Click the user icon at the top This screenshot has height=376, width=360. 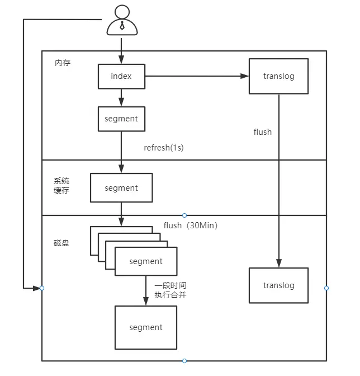click(x=121, y=20)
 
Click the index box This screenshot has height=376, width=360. click(x=121, y=76)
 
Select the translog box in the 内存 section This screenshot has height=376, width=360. click(x=278, y=76)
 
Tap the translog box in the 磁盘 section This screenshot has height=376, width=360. click(x=278, y=285)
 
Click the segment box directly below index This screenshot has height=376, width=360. click(x=121, y=119)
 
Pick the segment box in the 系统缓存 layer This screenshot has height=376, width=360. click(x=121, y=188)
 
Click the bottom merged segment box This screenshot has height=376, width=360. click(x=146, y=327)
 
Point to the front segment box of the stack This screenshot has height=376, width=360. click(x=146, y=261)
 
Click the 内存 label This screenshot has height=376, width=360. click(x=63, y=63)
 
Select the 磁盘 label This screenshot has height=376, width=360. click(x=61, y=243)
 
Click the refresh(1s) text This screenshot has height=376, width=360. click(x=164, y=148)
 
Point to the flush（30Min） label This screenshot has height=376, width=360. click(x=191, y=225)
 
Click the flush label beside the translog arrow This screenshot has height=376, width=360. click(x=263, y=132)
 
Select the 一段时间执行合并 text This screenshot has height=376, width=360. click(x=170, y=290)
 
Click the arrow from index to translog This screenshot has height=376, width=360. click(x=196, y=76)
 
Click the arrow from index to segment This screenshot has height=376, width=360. click(x=121, y=97)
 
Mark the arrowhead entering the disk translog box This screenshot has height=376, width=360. click(x=278, y=263)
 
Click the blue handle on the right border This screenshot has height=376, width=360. click(x=326, y=288)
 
